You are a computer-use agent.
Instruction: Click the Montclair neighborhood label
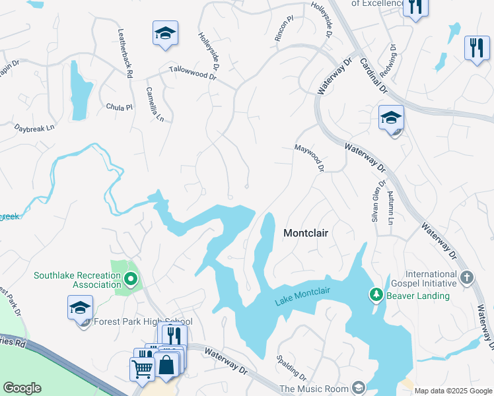(306, 233)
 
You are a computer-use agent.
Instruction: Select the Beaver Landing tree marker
(376, 294)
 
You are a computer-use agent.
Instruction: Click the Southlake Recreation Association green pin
(130, 280)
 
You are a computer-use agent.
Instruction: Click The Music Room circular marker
(359, 387)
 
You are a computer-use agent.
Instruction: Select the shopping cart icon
(143, 368)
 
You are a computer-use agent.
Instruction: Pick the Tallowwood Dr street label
(193, 72)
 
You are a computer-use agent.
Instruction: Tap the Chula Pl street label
(120, 107)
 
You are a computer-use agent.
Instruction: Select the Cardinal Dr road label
(374, 77)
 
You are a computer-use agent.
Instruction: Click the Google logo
(22, 388)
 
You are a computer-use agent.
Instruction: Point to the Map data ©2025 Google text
(453, 391)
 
